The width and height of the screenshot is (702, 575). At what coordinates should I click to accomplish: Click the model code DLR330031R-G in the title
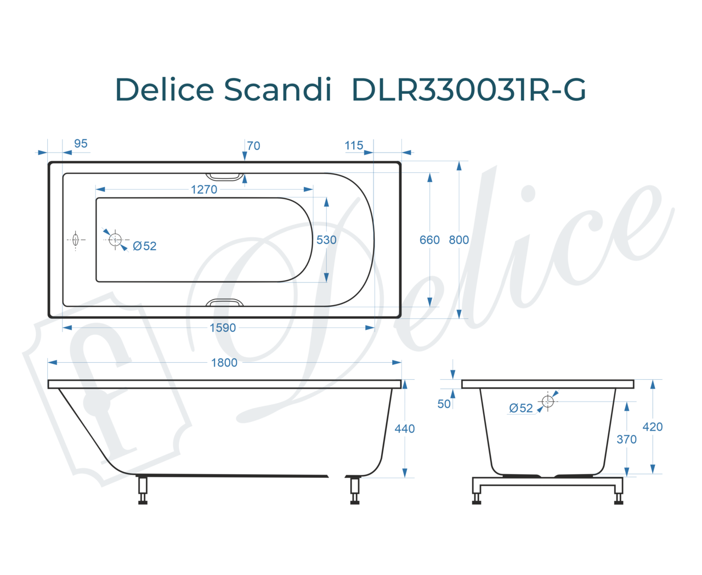pos(468,89)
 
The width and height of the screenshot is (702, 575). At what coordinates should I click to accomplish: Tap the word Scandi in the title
pos(278,89)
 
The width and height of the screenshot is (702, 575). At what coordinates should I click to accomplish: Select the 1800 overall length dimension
pos(224,363)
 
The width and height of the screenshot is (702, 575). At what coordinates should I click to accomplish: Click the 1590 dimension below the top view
pos(222,328)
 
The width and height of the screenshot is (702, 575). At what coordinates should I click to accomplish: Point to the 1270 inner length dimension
pos(203,189)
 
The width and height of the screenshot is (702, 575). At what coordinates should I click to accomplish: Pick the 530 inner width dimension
pos(326,240)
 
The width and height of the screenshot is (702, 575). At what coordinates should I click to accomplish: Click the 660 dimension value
pos(429,240)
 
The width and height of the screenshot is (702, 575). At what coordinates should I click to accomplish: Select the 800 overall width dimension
pos(458,240)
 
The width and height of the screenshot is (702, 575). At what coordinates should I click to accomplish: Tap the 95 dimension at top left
pos(81,144)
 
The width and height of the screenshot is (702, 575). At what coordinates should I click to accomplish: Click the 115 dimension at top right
pos(354,145)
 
